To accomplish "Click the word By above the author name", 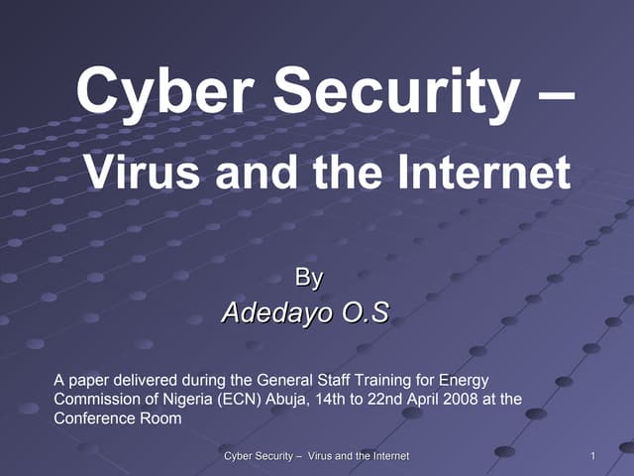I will pyautogui.click(x=310, y=278).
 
